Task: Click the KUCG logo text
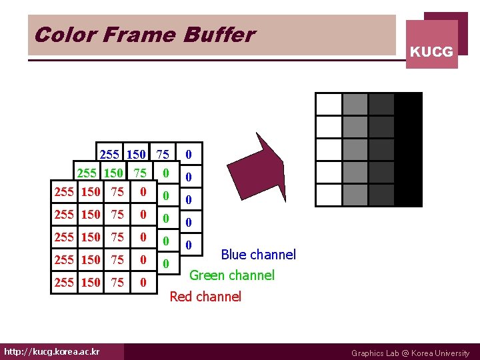(431, 51)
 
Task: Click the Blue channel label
(258, 255)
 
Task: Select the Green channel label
(232, 275)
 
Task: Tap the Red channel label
(205, 297)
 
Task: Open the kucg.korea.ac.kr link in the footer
(52, 351)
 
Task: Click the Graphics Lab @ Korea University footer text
(410, 353)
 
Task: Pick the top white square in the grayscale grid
(329, 104)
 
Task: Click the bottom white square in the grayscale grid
(329, 195)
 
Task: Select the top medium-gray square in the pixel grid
(355, 104)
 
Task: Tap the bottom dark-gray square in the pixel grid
(381, 195)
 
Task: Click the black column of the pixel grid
(409, 149)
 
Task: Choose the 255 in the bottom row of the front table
(64, 283)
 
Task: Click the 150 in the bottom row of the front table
(90, 283)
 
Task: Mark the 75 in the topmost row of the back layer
(162, 155)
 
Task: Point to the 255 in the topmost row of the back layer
(109, 155)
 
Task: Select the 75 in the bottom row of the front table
(117, 283)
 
